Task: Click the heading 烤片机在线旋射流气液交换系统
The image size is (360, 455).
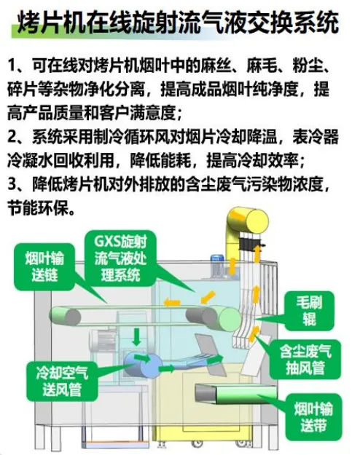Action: pyautogui.click(x=178, y=23)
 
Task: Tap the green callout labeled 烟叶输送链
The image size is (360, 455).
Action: pyautogui.click(x=44, y=266)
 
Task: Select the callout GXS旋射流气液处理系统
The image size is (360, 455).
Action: pyautogui.click(x=120, y=258)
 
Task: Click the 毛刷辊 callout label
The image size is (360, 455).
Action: pyautogui.click(x=309, y=311)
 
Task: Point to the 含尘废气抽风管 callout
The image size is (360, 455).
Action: pyautogui.click(x=305, y=359)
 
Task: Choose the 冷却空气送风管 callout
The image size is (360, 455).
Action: pyautogui.click(x=62, y=381)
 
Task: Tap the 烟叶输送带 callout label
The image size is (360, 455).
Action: pyautogui.click(x=313, y=417)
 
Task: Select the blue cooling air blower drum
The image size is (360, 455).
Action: pyautogui.click(x=142, y=365)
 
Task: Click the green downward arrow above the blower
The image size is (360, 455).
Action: pyautogui.click(x=136, y=336)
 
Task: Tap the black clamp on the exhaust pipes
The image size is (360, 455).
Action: pyautogui.click(x=250, y=243)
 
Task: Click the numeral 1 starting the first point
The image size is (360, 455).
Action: pyautogui.click(x=12, y=65)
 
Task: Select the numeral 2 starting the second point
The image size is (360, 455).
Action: pyautogui.click(x=12, y=136)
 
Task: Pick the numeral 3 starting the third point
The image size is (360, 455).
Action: pyautogui.click(x=12, y=184)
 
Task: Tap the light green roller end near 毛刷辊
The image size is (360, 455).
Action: pyautogui.click(x=230, y=319)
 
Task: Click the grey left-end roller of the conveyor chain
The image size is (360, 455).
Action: pyautogui.click(x=65, y=316)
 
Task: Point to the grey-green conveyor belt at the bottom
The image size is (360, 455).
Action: pyautogui.click(x=235, y=395)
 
